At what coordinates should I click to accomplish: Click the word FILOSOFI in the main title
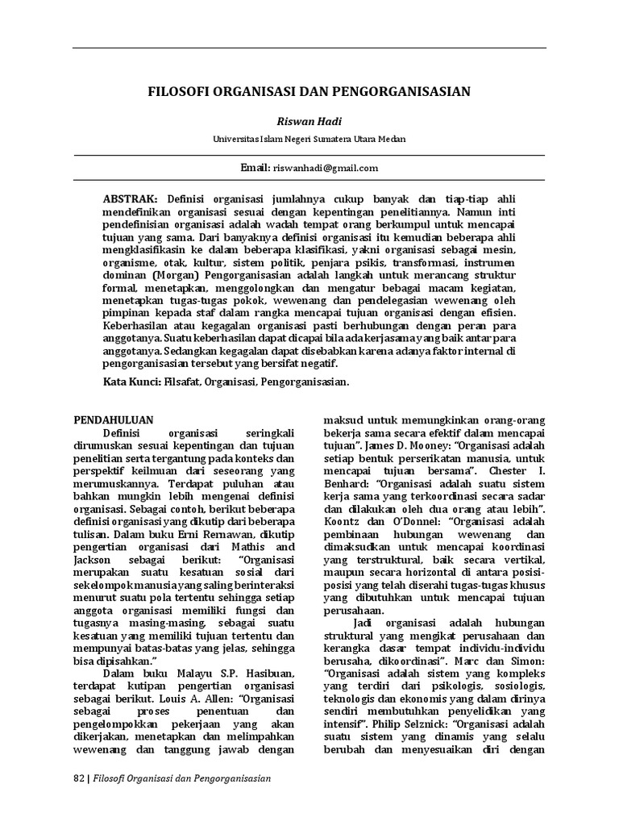click(x=177, y=92)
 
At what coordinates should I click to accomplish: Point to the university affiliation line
click(x=309, y=139)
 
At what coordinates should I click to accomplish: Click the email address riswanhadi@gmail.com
click(x=325, y=168)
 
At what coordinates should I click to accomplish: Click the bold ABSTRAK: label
click(x=131, y=198)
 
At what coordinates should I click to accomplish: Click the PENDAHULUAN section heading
click(x=114, y=420)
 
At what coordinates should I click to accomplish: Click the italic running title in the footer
click(x=182, y=779)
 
